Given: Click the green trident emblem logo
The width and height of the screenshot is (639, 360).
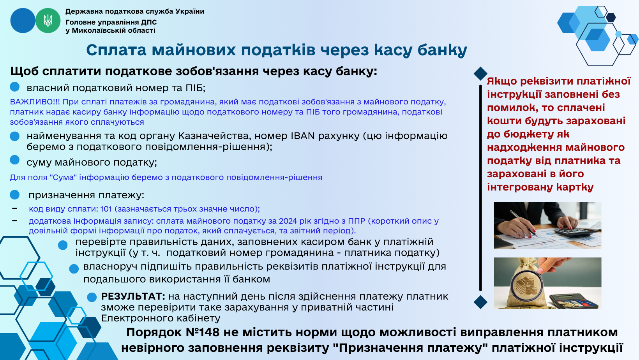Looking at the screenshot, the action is coord(48,21).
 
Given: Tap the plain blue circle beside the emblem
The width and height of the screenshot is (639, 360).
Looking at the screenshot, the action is coord(23,21).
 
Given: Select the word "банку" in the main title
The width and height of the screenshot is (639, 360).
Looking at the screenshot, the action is coord(442,50).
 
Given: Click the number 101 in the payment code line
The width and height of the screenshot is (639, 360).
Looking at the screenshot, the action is coord(106,209).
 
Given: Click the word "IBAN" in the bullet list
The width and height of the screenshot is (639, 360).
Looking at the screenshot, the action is coord(303,136).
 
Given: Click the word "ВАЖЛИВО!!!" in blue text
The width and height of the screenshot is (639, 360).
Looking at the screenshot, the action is coord(35,102).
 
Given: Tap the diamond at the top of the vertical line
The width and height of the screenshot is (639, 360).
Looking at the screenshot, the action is coord(480,74).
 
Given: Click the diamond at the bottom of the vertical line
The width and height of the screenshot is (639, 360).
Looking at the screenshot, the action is coord(480,302).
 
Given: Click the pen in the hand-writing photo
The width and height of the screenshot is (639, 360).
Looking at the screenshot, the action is coord(523,223).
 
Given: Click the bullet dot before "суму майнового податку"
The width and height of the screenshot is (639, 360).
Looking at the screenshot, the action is coord(15,160).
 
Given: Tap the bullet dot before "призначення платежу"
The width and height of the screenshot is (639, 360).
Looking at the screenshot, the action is coord(15,195).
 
